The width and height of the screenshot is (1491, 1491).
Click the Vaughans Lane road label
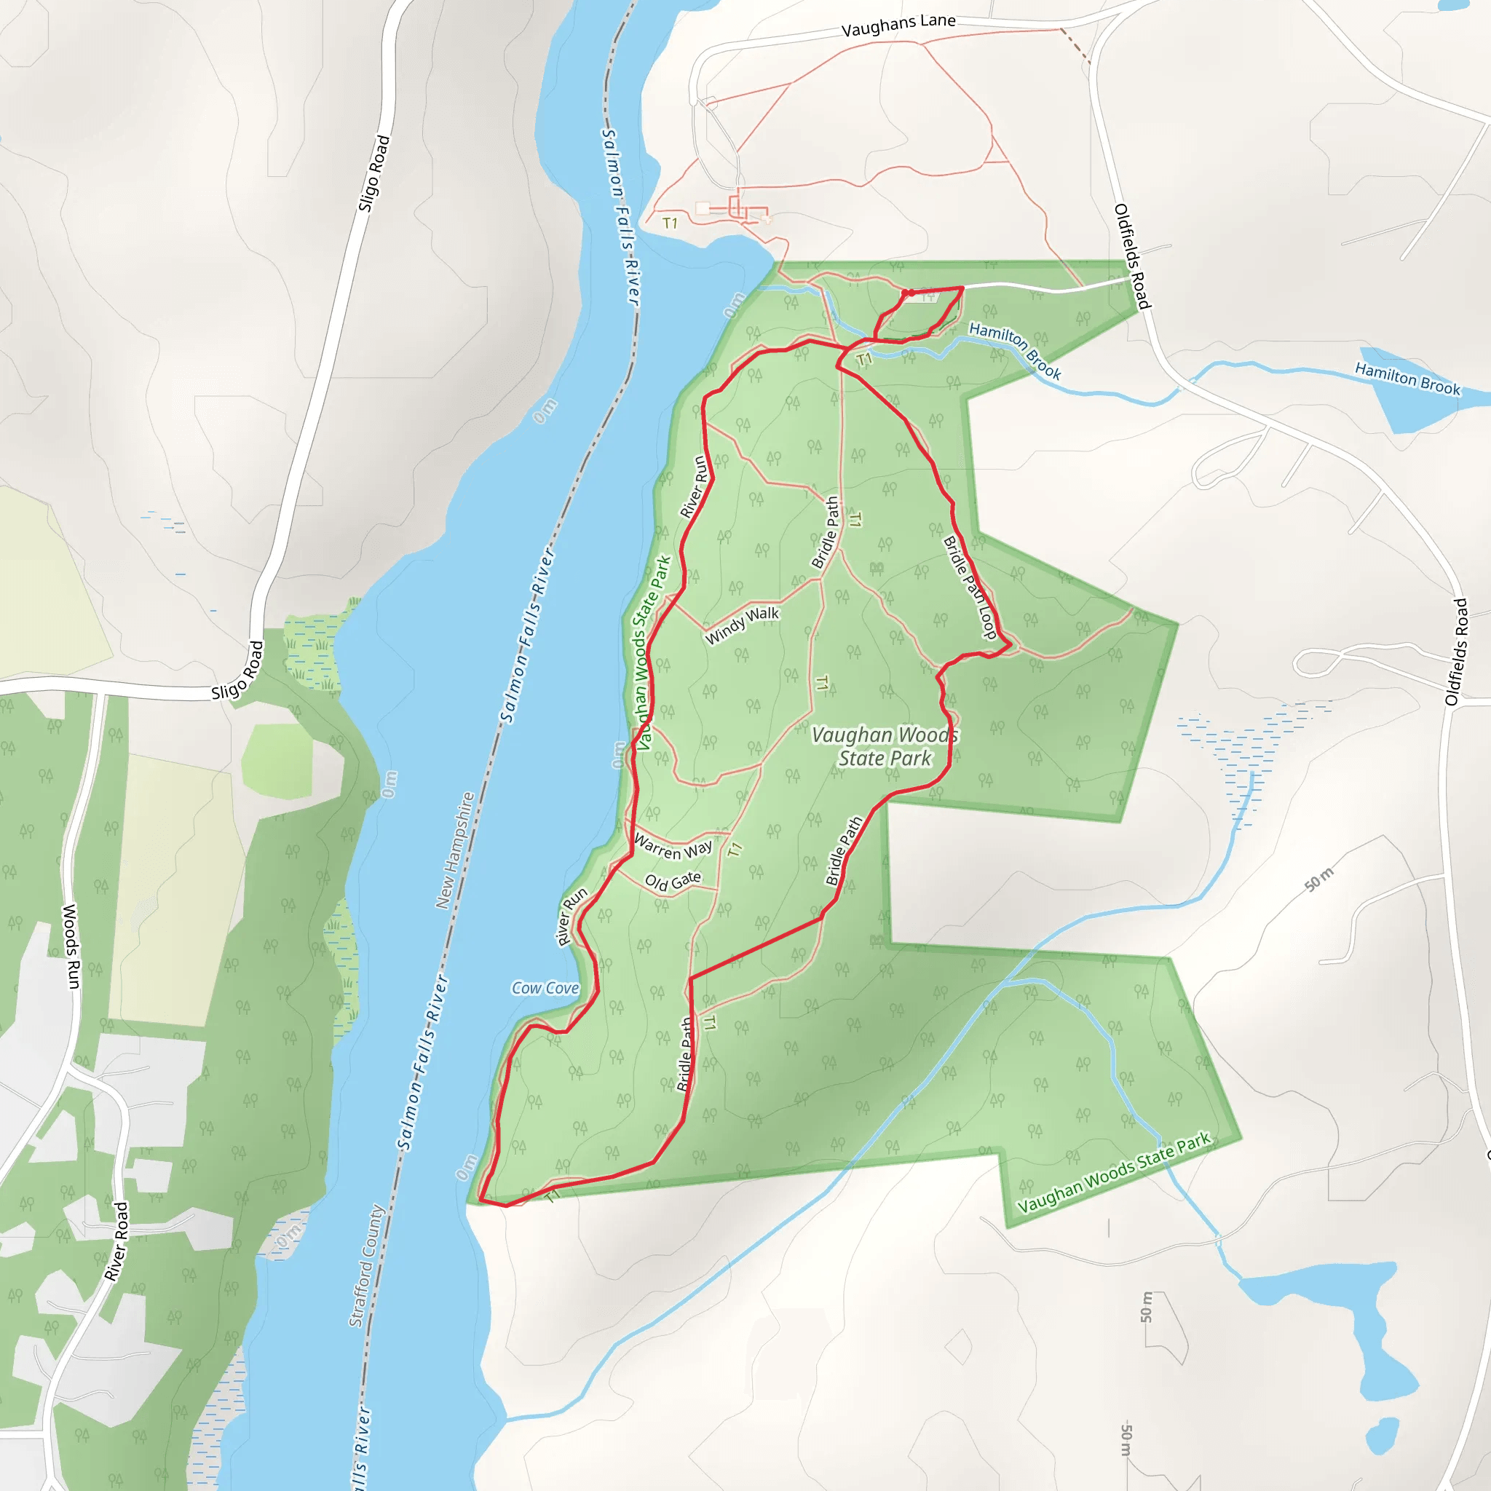coord(898,25)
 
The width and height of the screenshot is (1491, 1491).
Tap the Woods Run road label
coord(71,946)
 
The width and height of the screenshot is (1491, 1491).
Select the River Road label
coord(116,1242)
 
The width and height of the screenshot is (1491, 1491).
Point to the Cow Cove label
coord(545,988)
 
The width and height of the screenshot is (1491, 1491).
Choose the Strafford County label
coord(367,1265)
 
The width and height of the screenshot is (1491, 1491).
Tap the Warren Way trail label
coord(672,847)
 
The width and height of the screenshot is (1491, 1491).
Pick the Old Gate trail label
coord(673,881)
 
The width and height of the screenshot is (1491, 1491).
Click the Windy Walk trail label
coord(743,625)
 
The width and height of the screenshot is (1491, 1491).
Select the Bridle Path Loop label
coord(970,588)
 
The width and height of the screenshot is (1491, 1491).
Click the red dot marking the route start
coord(911,293)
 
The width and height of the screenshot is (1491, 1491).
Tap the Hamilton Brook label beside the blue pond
coord(1408,379)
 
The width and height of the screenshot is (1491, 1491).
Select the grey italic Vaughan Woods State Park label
coord(885,746)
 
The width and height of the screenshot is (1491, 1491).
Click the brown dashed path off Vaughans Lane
coord(1075,44)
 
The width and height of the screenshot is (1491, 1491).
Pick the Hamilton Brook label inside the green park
coord(1015,351)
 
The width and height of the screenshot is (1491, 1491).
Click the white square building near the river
coord(703,208)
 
